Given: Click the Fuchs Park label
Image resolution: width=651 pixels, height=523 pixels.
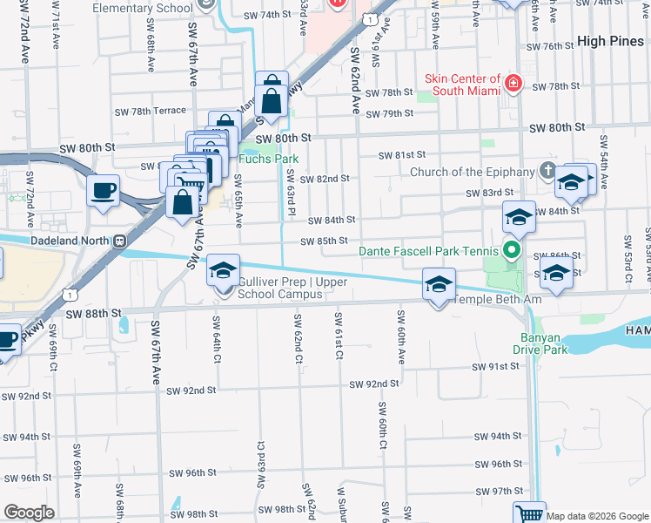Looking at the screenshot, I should click(270, 159).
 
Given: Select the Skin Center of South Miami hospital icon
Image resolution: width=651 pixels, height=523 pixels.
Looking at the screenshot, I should click(513, 84).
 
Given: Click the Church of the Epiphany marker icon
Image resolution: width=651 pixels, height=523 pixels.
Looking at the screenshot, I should click(548, 169).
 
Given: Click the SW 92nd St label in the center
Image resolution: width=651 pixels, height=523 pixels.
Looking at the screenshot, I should click(374, 384).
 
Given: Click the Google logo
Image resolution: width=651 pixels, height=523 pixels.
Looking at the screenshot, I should click(29, 513).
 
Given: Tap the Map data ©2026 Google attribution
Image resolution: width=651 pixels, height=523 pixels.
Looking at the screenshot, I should click(597, 516).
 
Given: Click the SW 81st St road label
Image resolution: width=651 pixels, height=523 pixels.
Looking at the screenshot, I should click(401, 155).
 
